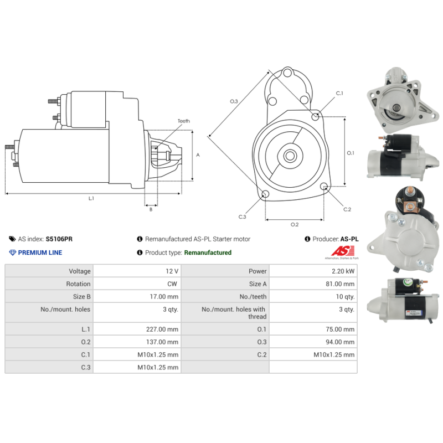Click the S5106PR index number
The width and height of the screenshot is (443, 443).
59,239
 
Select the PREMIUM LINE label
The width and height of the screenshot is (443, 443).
40,253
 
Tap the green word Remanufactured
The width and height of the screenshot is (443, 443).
208,253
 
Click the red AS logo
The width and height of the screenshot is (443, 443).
343,251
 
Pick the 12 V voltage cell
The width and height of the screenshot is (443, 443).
172,271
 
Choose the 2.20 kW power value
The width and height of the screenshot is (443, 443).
343,271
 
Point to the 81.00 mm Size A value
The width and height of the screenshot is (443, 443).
340,284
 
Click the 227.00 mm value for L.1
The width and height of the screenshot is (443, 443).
162,329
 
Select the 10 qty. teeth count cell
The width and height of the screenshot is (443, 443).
345,297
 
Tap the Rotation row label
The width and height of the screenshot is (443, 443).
78,284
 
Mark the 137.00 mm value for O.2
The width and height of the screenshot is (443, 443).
162,342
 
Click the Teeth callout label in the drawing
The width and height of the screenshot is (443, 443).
184,121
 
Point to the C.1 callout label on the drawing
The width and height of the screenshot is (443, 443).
339,93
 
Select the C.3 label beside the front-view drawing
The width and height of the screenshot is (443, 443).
242,217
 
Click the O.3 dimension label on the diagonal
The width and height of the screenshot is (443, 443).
234,101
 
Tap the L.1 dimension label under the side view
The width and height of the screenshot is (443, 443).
91,198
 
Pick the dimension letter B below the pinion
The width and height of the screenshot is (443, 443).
151,209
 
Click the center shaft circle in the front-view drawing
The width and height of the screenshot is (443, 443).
290,156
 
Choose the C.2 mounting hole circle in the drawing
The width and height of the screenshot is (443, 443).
324,186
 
